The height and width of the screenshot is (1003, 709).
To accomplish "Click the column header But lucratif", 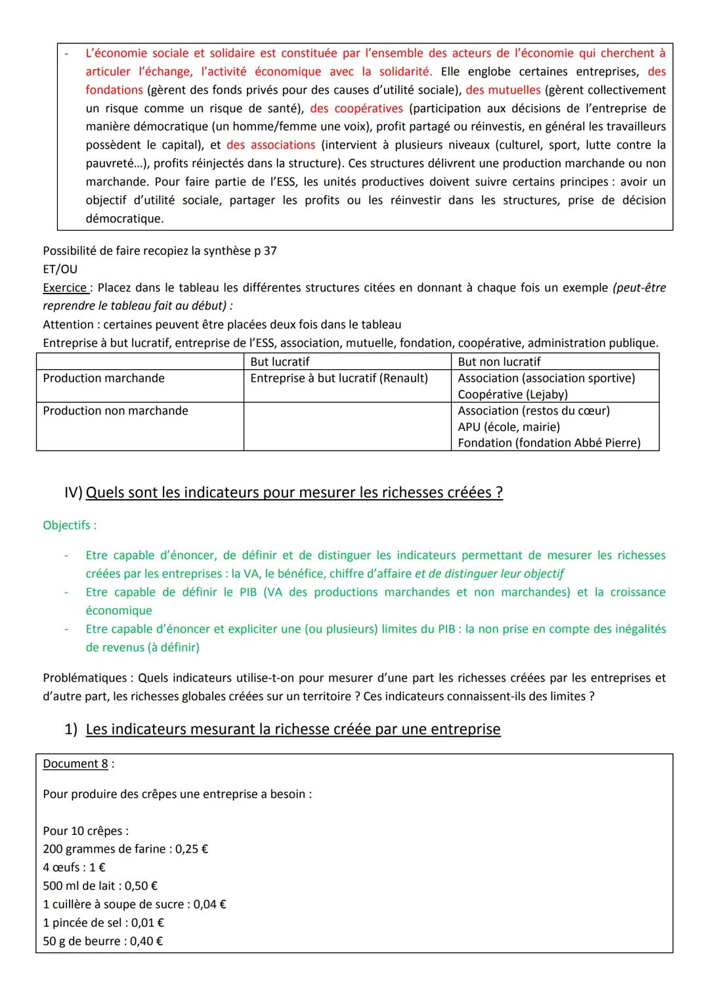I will click(280, 362).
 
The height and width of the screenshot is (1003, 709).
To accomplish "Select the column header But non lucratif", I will click(499, 362).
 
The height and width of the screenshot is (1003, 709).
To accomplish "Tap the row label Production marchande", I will click(104, 378).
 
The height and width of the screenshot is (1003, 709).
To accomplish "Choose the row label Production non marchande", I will click(116, 411).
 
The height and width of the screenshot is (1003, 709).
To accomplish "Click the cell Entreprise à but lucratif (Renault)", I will click(339, 378).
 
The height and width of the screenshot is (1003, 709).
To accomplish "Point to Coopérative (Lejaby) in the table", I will click(513, 394).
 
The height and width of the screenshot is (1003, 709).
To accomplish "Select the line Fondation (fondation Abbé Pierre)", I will click(549, 443).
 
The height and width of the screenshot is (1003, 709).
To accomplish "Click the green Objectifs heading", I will click(69, 525).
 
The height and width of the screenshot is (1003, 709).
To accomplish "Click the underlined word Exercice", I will click(66, 288).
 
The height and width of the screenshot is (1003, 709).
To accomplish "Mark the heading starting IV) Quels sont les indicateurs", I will click(284, 493).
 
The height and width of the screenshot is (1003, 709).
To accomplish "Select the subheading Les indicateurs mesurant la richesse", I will click(293, 729).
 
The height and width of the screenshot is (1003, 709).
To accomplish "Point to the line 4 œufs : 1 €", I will click(74, 868).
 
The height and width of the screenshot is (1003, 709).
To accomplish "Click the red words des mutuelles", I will click(503, 90).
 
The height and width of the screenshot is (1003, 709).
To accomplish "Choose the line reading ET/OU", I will click(60, 269).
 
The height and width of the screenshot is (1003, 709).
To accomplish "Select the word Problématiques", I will click(85, 678).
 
